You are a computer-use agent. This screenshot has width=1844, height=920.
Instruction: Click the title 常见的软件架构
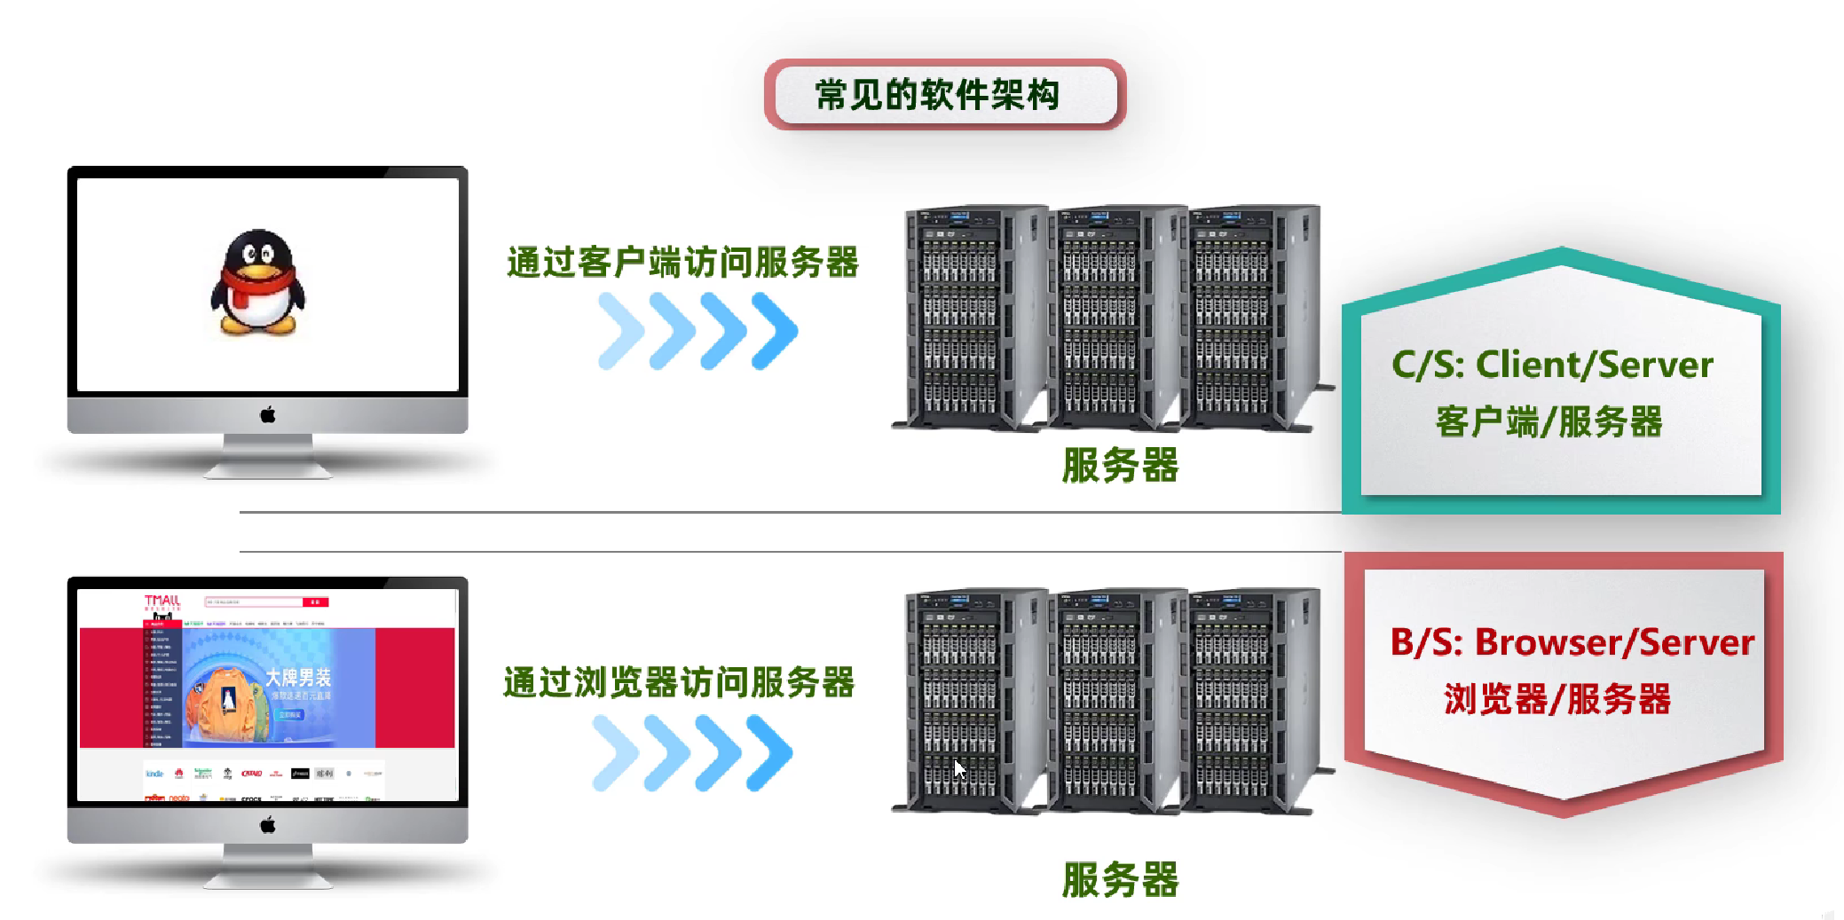[938, 95]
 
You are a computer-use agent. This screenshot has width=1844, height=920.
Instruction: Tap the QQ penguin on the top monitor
[257, 282]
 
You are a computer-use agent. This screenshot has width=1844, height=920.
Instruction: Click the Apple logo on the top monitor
[267, 414]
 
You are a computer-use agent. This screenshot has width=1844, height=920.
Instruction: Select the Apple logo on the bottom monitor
[267, 825]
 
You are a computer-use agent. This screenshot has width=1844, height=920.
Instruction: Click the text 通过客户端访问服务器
[682, 263]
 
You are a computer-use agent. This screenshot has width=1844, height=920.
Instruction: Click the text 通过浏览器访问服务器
[679, 682]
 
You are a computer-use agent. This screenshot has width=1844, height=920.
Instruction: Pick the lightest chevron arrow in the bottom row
[615, 753]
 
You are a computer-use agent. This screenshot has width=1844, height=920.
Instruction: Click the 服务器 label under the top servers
[1120, 465]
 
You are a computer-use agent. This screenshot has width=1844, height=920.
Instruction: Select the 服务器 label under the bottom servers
[1120, 879]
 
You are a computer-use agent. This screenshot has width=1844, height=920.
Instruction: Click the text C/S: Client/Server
[1552, 365]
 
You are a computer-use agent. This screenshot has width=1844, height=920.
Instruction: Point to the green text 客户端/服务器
[1548, 421]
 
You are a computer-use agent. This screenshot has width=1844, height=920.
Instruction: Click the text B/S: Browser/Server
[1572, 642]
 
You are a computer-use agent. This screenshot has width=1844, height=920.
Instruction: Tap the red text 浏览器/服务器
[1557, 699]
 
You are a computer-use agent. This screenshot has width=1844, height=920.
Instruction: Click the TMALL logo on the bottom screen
[162, 602]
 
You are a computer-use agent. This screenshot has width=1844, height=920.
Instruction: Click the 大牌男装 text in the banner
[298, 678]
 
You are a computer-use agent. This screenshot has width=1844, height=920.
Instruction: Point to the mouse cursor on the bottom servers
[959, 768]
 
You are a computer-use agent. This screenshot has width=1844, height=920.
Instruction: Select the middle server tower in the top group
[1115, 317]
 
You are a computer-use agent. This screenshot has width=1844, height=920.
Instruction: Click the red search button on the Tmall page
[315, 602]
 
